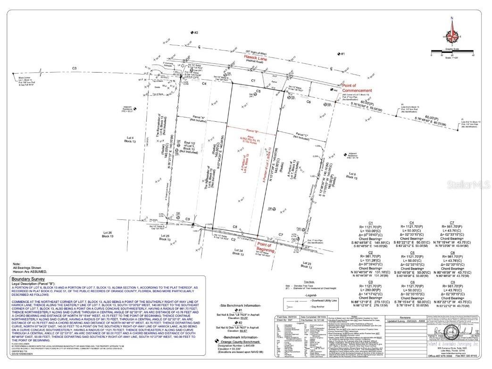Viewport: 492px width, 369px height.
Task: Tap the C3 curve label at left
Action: tap(74, 69)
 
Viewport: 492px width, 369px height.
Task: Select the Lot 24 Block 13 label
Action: tap(238, 251)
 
